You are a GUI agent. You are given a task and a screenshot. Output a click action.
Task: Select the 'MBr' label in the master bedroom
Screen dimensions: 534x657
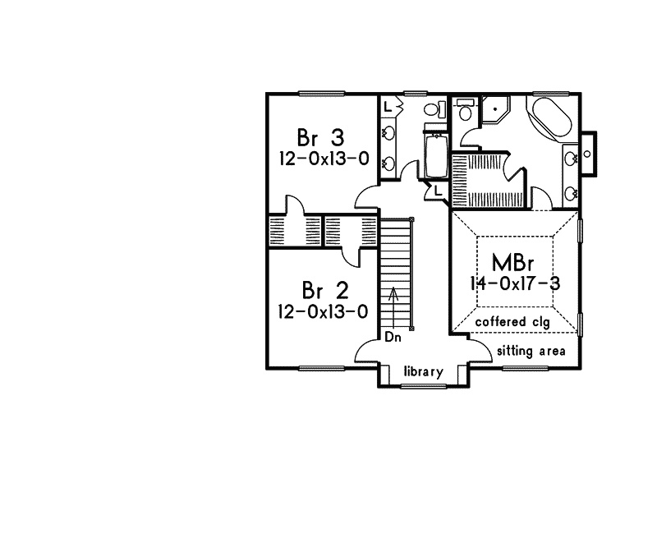coord(516,263)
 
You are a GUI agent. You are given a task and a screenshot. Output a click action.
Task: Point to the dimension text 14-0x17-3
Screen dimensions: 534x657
coord(516,283)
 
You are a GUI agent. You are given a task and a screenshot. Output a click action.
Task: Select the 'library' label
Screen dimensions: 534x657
coord(424,372)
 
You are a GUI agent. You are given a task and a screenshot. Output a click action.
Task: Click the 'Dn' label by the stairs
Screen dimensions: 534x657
coord(392,337)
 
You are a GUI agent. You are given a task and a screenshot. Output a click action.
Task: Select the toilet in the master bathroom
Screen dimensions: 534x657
coord(465,112)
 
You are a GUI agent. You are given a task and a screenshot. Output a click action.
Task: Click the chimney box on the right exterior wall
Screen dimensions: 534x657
coord(591,154)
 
